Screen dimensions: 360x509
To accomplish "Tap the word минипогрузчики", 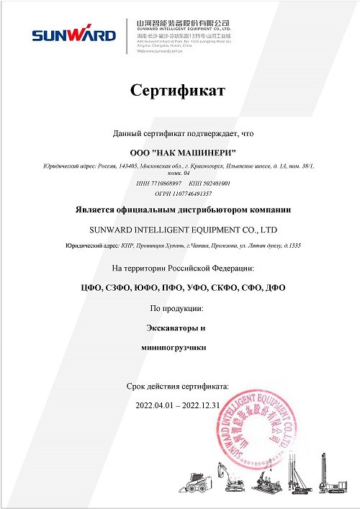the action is [177, 347].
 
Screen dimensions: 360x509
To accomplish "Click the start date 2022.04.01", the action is [155, 405].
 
